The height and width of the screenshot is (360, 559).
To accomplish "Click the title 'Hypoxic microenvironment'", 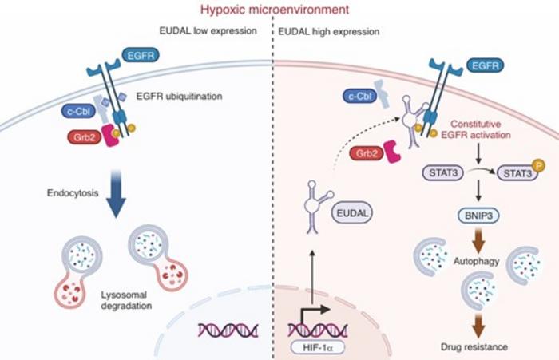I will tap(279, 10).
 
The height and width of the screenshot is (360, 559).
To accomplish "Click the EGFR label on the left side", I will tap(141, 55).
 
